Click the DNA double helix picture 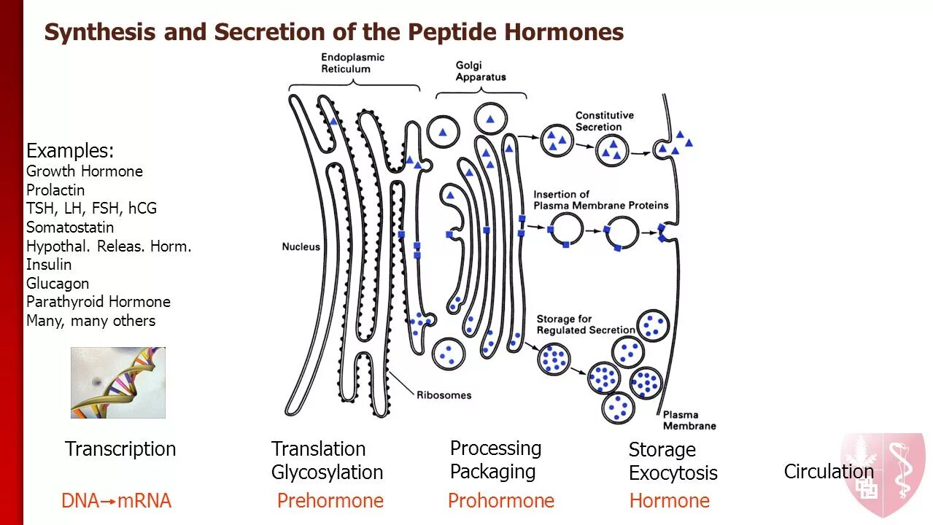(118, 382)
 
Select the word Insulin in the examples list (49, 265)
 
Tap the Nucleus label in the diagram (301, 246)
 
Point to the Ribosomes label (444, 395)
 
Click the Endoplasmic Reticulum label (352, 63)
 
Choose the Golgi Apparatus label (480, 71)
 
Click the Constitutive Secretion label (604, 121)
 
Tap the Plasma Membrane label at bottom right (689, 420)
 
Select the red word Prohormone (500, 501)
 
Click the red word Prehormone (330, 501)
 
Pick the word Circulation (828, 472)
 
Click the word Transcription (120, 449)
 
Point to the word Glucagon (58, 284)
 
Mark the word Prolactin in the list (55, 190)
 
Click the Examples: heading (70, 151)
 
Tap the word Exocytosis (673, 473)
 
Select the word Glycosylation (327, 472)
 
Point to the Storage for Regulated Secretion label (585, 324)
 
